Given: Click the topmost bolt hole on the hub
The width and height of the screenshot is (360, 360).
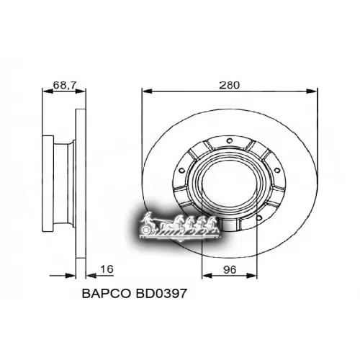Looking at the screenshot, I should click(x=230, y=140).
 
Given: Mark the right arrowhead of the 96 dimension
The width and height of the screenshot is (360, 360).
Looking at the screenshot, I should click(x=257, y=276).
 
